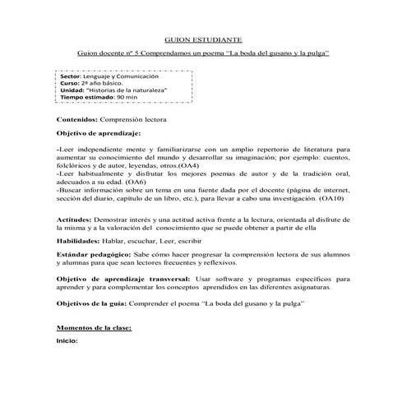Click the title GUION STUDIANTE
pyautogui.click(x=203, y=39)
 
